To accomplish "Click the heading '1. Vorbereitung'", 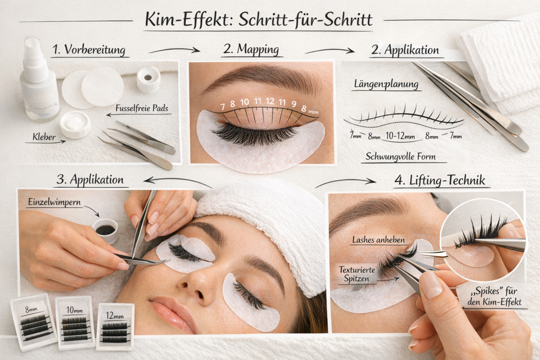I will pyautogui.click(x=89, y=50).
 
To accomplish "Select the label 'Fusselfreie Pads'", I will pyautogui.click(x=142, y=108).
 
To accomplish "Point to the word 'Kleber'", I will pyautogui.click(x=44, y=137).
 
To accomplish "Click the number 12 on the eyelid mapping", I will pyautogui.click(x=270, y=102).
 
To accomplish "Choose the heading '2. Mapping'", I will pyautogui.click(x=251, y=49).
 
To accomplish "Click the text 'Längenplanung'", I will pyautogui.click(x=386, y=84).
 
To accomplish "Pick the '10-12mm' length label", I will pyautogui.click(x=400, y=136).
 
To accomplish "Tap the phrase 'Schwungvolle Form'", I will pyautogui.click(x=400, y=156).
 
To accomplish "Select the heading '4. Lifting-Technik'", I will pyautogui.click(x=440, y=180).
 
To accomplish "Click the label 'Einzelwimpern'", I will pyautogui.click(x=54, y=202).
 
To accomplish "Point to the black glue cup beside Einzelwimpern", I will pyautogui.click(x=105, y=230).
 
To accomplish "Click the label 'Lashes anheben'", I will pyautogui.click(x=378, y=240).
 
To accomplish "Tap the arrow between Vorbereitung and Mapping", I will pyautogui.click(x=174, y=51).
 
